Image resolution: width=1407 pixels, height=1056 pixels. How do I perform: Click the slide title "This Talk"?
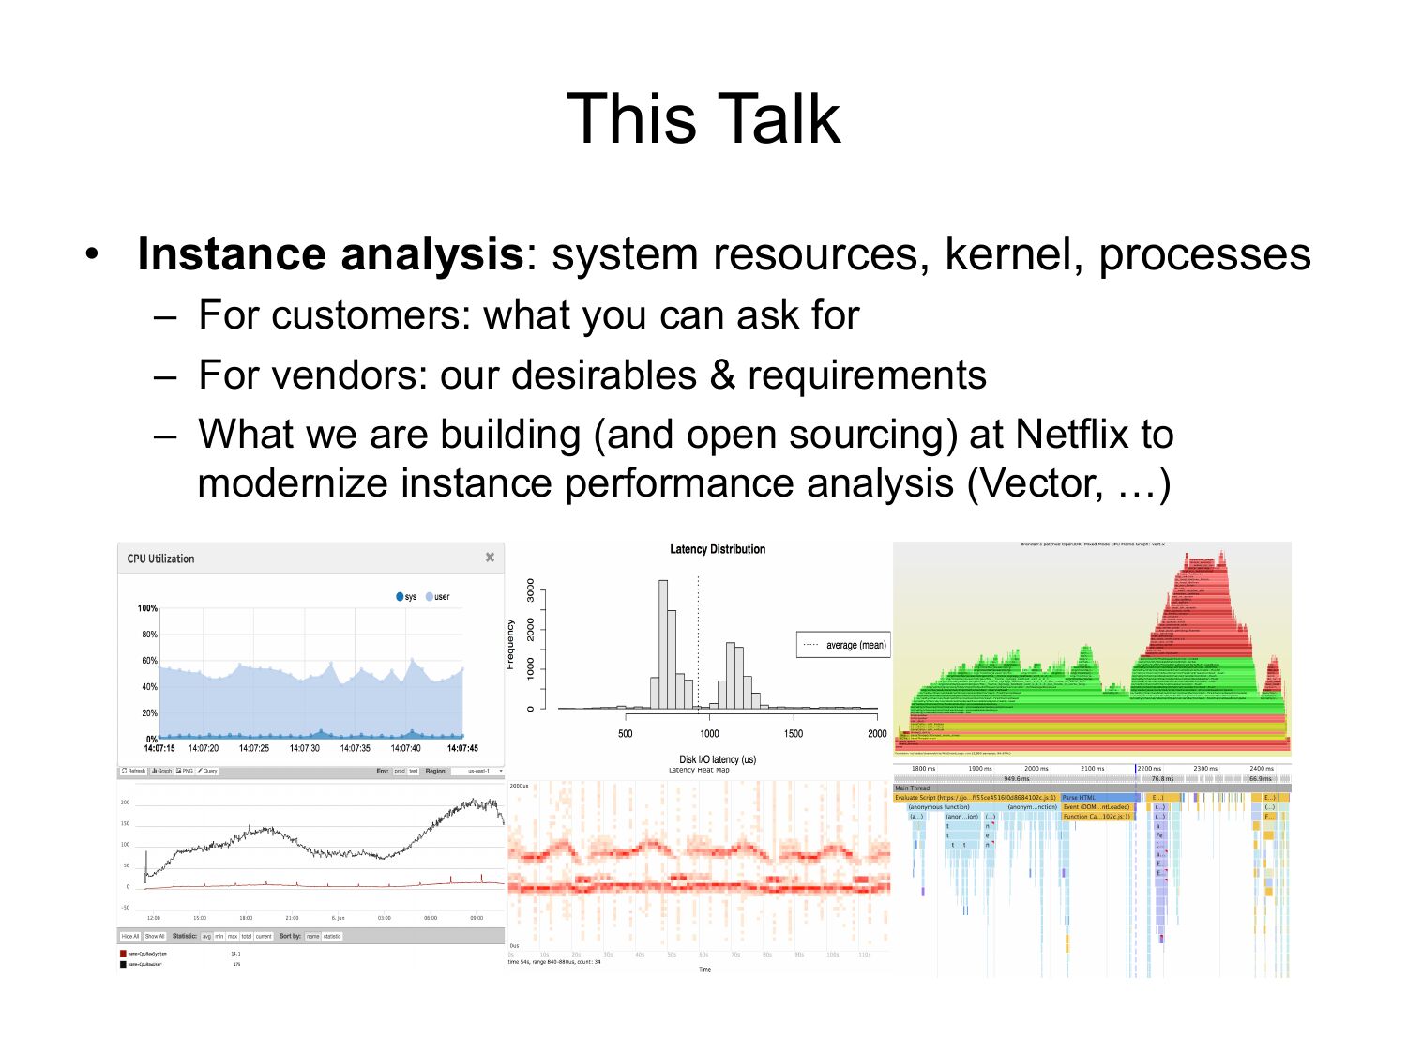[703, 119]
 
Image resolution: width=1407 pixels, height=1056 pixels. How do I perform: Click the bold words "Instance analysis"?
[329, 254]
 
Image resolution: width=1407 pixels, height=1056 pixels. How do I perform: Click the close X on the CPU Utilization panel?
[490, 558]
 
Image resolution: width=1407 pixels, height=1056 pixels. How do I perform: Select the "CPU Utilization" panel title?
[160, 559]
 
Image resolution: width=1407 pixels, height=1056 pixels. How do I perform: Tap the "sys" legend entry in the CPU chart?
[406, 597]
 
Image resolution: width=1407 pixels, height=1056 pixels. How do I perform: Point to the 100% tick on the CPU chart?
[147, 608]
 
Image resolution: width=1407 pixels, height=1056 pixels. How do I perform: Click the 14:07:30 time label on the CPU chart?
[304, 748]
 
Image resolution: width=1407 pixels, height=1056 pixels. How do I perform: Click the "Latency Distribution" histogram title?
[718, 549]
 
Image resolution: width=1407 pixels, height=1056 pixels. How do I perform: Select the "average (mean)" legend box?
[842, 645]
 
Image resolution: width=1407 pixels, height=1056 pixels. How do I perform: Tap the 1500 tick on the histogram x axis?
[794, 733]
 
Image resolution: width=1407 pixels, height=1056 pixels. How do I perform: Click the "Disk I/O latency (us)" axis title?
[718, 759]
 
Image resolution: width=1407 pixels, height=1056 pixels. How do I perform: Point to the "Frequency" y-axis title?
[510, 644]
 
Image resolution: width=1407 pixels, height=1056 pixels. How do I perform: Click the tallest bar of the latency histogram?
[663, 644]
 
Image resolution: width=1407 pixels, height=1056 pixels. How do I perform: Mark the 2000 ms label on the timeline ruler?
[1036, 769]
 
